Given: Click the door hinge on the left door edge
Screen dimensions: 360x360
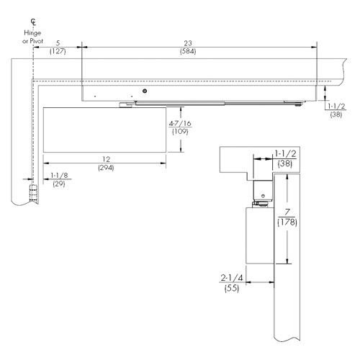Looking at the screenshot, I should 32,193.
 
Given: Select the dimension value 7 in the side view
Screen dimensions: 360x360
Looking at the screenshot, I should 288,212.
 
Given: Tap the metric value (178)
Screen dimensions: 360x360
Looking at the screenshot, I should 288,222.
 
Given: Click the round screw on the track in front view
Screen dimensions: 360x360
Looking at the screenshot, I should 145,91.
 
